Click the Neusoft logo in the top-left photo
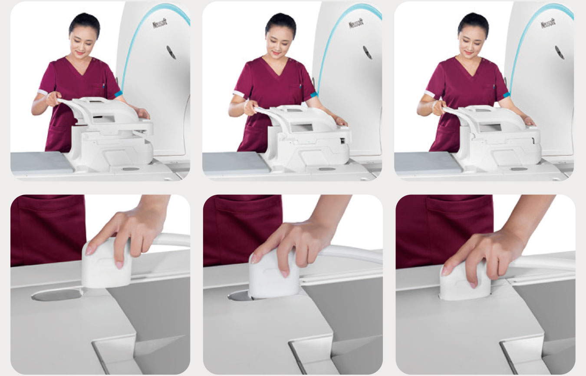(160, 23)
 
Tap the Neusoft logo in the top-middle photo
(356, 23)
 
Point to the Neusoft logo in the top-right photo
(548, 23)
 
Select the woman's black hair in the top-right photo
(474, 23)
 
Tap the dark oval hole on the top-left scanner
(171, 53)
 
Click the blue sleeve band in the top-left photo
(119, 94)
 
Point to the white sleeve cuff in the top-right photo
(430, 93)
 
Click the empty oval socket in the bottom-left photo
(57, 295)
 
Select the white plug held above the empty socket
(106, 262)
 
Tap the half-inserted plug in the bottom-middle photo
(274, 274)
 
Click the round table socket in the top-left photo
(131, 169)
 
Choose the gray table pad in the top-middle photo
(235, 163)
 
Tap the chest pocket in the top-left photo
(99, 90)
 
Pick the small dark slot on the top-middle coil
(342, 141)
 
